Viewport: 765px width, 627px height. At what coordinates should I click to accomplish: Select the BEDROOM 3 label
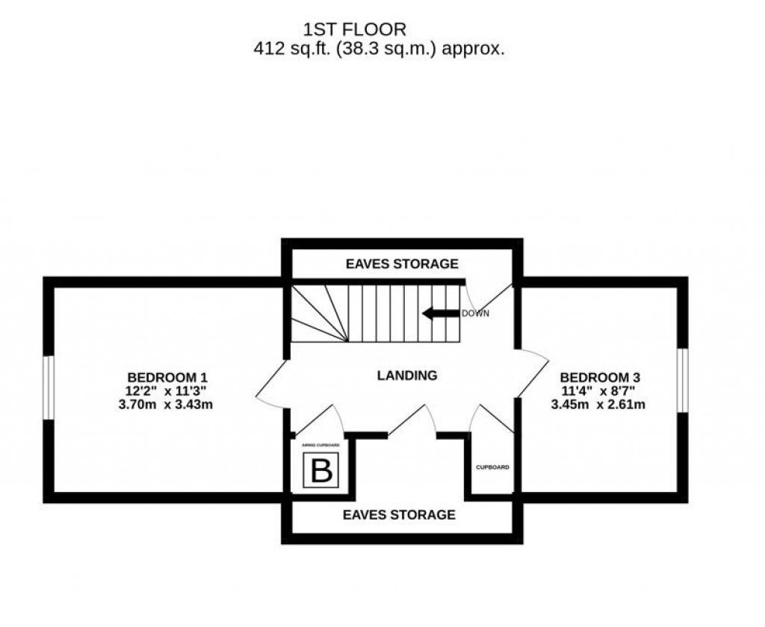coord(599,377)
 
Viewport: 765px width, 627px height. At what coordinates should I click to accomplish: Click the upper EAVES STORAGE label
coord(401,263)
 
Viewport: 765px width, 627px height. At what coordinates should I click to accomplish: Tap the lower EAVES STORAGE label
coord(399,514)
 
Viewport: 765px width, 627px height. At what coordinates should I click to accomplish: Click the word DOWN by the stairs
coord(475,313)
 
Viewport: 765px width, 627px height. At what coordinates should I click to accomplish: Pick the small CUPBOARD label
coord(493,467)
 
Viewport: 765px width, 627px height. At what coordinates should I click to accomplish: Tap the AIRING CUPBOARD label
coord(320,446)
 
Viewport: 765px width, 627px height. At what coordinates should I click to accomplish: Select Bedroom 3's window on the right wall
coord(682,380)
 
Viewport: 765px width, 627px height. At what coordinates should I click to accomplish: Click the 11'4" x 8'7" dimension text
coord(599,391)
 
